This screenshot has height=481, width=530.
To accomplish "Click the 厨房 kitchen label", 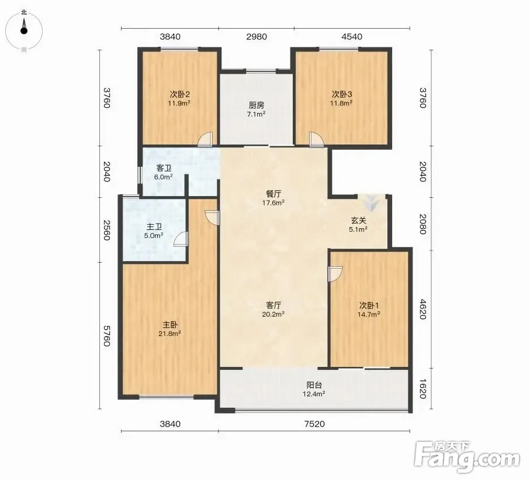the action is [256, 105].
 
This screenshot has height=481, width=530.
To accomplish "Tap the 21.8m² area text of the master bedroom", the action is [169, 334].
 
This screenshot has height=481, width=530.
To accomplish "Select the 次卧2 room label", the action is [179, 94].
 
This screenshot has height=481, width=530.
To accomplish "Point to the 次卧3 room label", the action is [342, 94].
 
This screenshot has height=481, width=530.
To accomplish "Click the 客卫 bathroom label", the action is [164, 168].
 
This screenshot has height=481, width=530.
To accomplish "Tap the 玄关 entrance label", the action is [358, 221].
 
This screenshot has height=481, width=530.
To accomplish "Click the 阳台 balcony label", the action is [314, 385].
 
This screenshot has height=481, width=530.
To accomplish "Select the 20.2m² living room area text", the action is [273, 314].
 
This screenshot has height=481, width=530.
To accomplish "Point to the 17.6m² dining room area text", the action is [273, 203].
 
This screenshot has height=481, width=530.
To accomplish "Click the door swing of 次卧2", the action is [206, 139].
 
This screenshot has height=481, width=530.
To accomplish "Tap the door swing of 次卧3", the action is [316, 139].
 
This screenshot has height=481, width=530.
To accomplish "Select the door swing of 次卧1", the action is [335, 273].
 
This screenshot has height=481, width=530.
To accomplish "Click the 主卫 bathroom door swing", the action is [181, 239].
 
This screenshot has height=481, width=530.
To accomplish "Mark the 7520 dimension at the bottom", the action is [314, 424].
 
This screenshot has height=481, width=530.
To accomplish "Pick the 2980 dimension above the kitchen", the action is [257, 36].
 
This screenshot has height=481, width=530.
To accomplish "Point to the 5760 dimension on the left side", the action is [106, 336].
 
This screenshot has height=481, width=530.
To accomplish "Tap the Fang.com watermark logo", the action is [467, 458].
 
